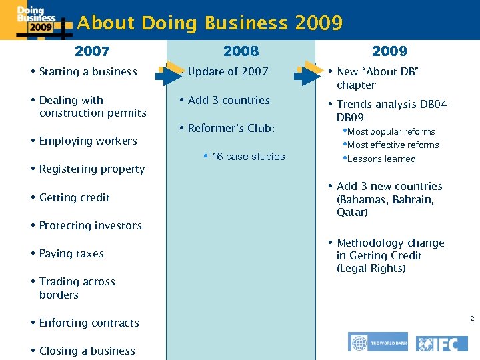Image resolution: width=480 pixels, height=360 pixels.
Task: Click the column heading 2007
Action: point(92,51)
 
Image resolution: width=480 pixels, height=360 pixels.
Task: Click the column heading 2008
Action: point(241,51)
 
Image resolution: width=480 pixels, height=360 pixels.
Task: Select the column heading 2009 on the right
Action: point(389,51)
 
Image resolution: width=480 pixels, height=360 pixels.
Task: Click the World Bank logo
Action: point(377,342)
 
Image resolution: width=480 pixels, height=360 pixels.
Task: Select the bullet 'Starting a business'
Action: point(87,72)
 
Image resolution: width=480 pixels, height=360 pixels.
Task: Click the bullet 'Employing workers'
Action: point(87,141)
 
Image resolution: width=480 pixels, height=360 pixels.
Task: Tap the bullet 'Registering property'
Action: point(91,169)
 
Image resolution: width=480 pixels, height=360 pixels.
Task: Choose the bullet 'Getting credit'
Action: point(74,198)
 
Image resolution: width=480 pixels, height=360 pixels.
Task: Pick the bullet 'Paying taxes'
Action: point(71,254)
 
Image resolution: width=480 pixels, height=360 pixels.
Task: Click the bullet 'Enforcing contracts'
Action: point(89,323)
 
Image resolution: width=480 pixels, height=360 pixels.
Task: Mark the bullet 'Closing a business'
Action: point(87,351)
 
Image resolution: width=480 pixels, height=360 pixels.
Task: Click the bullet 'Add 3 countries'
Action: point(229,101)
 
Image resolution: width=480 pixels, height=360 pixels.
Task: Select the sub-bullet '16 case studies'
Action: point(248,157)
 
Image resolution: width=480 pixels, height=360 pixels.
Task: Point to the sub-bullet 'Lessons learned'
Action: point(381,159)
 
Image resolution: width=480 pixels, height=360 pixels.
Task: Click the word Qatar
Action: point(352,213)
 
